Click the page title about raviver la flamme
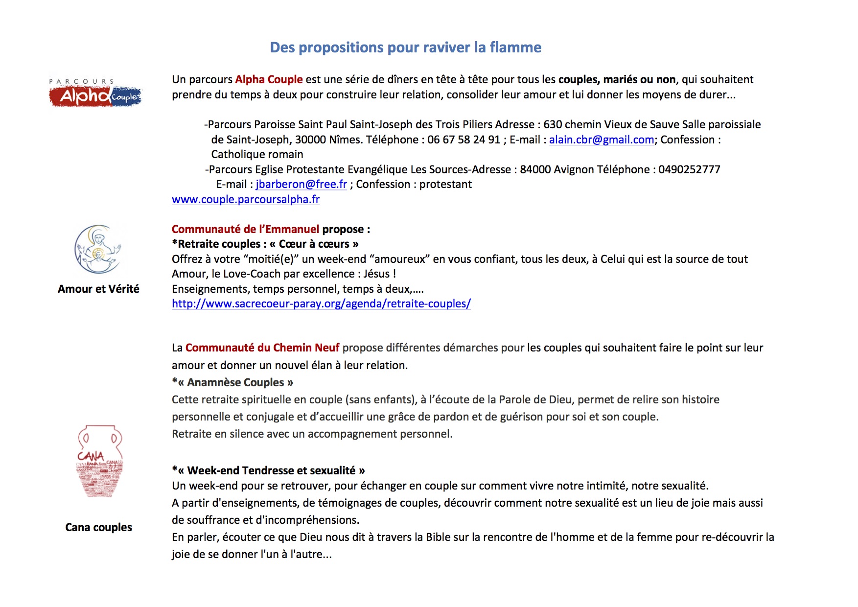[x=405, y=47]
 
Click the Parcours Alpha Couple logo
[x=95, y=93]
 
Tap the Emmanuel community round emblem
[x=98, y=249]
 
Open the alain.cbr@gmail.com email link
[x=601, y=140]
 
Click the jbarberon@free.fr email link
[x=301, y=185]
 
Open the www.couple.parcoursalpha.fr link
[x=246, y=200]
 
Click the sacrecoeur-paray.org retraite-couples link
[x=321, y=304]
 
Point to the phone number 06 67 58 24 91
[x=464, y=140]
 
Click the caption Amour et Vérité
[x=98, y=289]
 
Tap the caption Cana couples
[x=98, y=527]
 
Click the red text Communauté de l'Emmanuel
[x=245, y=229]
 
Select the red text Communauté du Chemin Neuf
[x=262, y=348]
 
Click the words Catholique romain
[x=257, y=155]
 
